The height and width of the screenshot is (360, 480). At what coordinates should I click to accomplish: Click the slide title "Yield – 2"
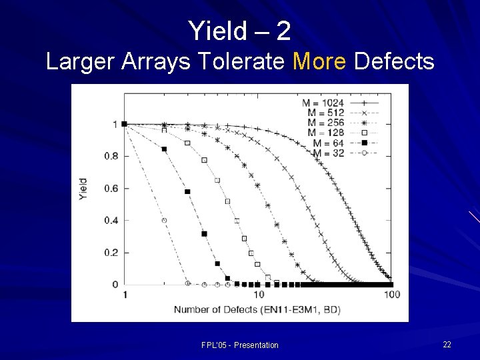(239, 30)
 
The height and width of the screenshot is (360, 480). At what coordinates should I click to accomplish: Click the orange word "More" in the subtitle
(319, 62)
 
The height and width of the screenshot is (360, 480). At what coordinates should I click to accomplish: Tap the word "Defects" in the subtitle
(395, 62)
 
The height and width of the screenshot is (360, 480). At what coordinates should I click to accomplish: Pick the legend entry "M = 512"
(327, 113)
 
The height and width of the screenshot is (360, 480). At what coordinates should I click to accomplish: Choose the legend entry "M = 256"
(327, 123)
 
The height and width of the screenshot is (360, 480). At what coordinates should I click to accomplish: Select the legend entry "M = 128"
(327, 133)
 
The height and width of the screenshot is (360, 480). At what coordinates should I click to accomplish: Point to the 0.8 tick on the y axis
(111, 156)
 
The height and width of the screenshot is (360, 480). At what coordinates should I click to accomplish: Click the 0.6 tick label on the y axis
(111, 189)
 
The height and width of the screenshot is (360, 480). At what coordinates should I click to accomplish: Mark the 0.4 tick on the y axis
(111, 221)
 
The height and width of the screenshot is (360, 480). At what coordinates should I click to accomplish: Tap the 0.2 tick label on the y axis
(111, 253)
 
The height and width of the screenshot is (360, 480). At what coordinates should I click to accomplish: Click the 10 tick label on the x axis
(259, 295)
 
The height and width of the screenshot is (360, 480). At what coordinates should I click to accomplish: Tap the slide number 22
(447, 344)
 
